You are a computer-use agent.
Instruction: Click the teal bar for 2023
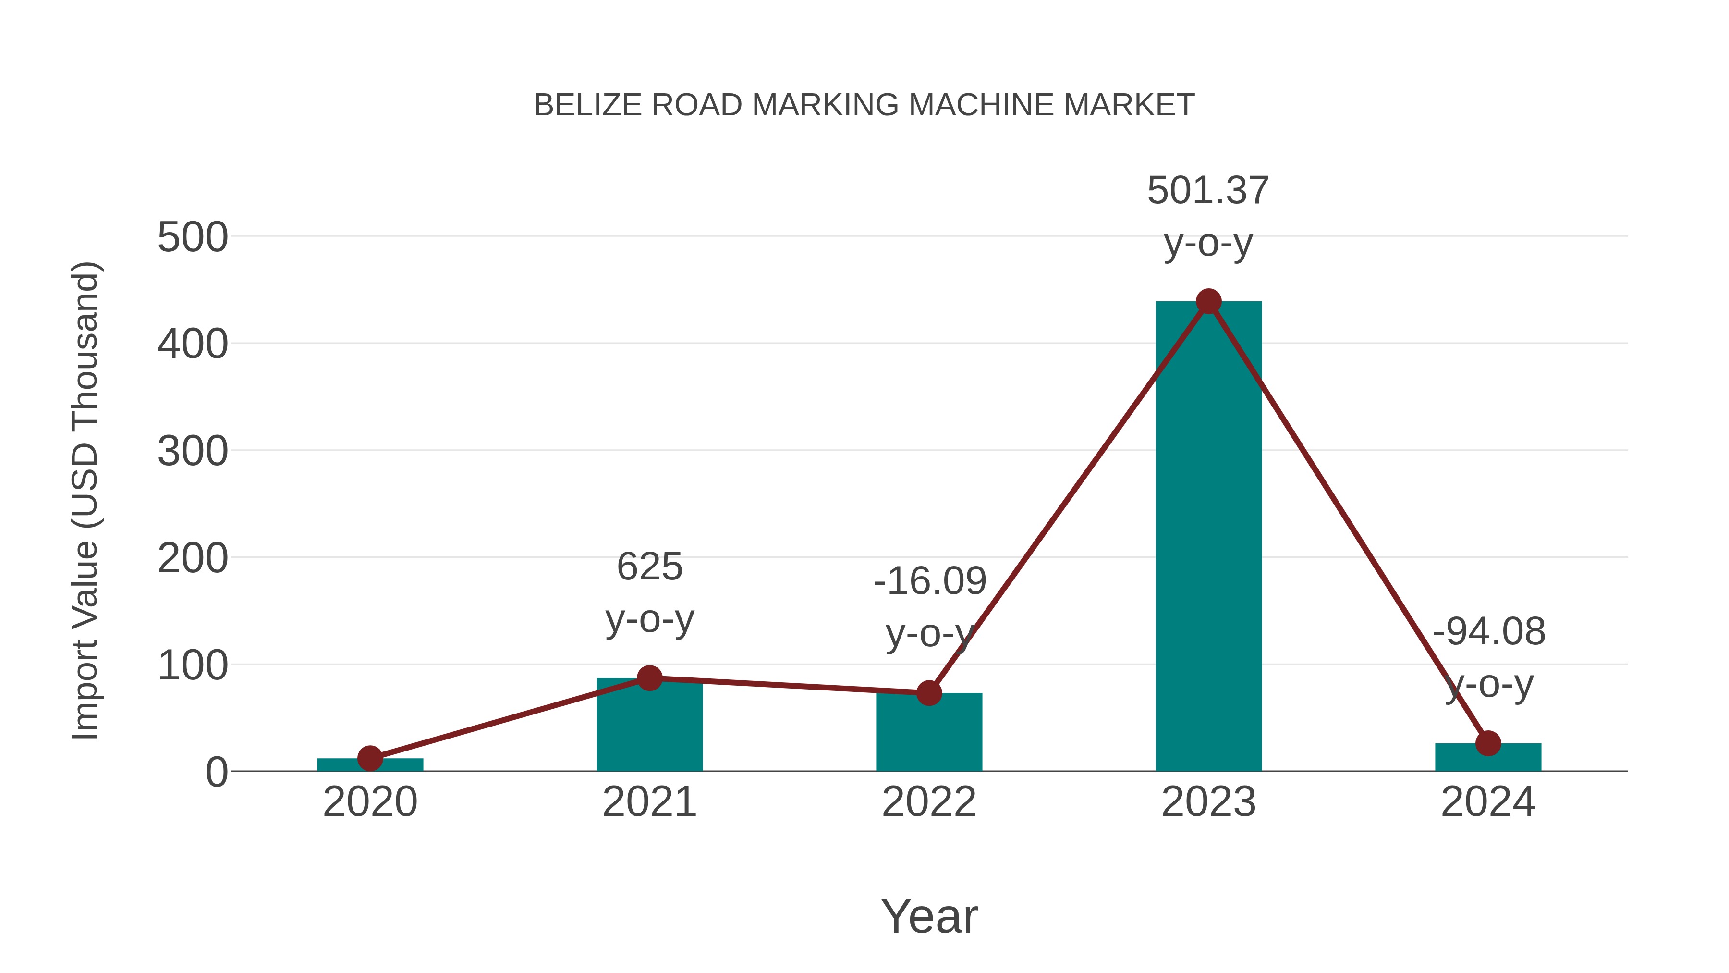click(1208, 537)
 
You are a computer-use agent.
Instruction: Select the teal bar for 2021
click(649, 728)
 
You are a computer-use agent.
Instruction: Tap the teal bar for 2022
click(929, 735)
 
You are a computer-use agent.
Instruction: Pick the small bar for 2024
click(1488, 758)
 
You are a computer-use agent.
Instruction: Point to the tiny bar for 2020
click(370, 765)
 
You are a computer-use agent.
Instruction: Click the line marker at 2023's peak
click(1208, 301)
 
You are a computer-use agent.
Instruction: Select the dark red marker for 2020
click(370, 759)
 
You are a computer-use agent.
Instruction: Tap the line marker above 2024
click(1488, 743)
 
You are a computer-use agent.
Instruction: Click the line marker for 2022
click(929, 693)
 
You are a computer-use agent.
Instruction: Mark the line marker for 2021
click(649, 678)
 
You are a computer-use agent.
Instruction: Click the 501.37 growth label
click(1208, 191)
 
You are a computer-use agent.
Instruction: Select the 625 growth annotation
click(649, 567)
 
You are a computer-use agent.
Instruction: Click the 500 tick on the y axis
click(193, 238)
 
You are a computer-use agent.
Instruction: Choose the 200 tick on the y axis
click(193, 559)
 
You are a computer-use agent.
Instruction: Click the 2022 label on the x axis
click(929, 802)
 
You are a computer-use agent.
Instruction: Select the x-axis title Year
click(929, 917)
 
